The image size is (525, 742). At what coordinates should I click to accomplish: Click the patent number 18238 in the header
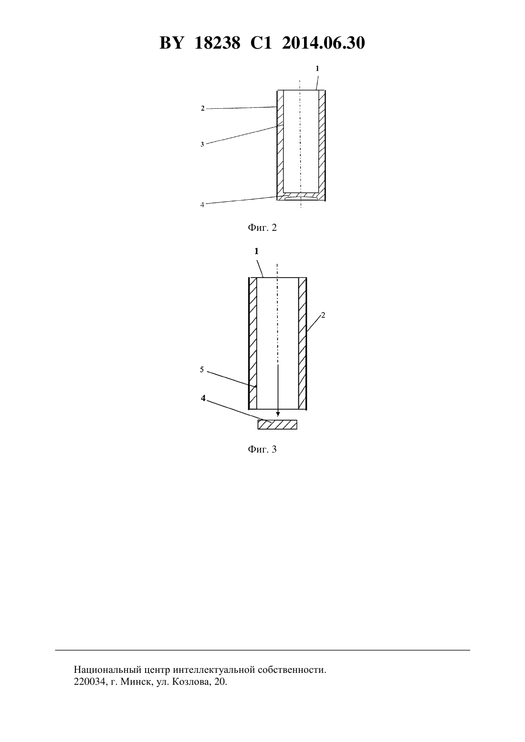tap(217, 43)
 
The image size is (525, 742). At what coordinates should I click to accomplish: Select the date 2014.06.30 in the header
tap(324, 43)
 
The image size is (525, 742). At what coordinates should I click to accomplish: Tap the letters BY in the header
tap(171, 43)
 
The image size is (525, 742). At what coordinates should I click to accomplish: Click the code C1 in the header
tap(261, 43)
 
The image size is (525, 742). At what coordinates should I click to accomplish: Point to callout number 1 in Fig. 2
tap(317, 69)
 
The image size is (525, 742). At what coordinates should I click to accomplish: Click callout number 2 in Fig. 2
tap(202, 108)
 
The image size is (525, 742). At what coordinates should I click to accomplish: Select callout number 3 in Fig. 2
tap(202, 144)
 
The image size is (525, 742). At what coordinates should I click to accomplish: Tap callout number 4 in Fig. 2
tap(202, 205)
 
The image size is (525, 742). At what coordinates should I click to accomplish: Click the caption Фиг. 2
tap(262, 227)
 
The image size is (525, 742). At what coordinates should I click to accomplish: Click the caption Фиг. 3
tap(262, 449)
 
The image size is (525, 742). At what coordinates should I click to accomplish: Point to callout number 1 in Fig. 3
tap(256, 251)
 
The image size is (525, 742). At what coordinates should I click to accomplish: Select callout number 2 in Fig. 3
tap(323, 315)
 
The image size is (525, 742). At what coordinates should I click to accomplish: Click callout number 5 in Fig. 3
tap(202, 370)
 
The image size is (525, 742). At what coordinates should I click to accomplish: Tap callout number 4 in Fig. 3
tap(203, 398)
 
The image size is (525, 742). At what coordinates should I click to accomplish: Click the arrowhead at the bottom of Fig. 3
tap(278, 414)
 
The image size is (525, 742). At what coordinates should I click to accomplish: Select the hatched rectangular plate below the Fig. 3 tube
tap(277, 424)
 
